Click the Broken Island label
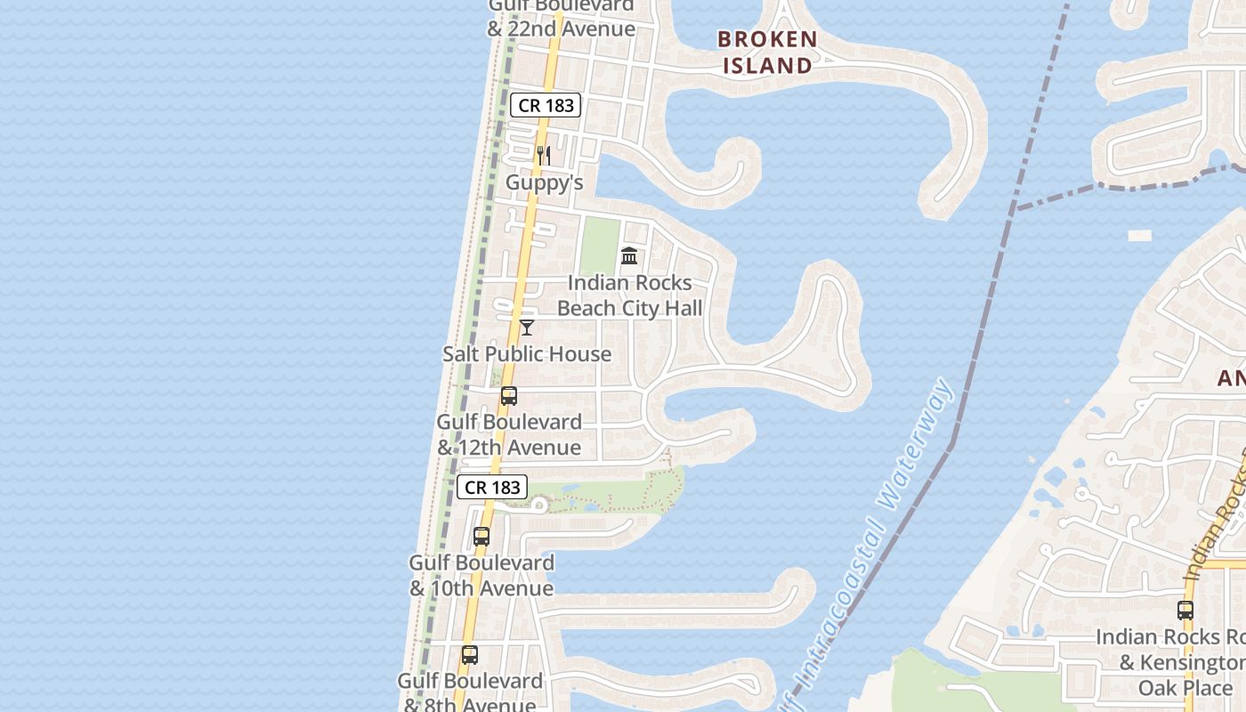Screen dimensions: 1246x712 [767, 52]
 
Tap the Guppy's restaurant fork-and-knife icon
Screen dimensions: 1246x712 [543, 156]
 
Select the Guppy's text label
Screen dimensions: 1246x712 [544, 182]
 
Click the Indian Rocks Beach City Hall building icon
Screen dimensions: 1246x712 [629, 256]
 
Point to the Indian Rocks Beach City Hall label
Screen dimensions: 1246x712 [629, 295]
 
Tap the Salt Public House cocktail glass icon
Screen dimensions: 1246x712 [527, 328]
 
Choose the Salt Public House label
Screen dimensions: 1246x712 [527, 353]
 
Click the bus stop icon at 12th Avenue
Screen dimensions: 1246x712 [509, 396]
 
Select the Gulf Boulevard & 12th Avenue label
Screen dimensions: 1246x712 [509, 434]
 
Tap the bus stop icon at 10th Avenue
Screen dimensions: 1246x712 [481, 537]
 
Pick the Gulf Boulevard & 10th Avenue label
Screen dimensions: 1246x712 [481, 575]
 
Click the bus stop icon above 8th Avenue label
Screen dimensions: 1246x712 [470, 655]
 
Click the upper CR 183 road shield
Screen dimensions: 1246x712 [546, 105]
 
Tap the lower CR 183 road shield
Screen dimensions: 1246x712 [492, 487]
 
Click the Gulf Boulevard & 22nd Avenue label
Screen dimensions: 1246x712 [561, 18]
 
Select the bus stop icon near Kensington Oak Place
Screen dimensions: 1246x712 [1185, 611]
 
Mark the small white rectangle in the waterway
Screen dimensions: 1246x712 [1140, 236]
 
